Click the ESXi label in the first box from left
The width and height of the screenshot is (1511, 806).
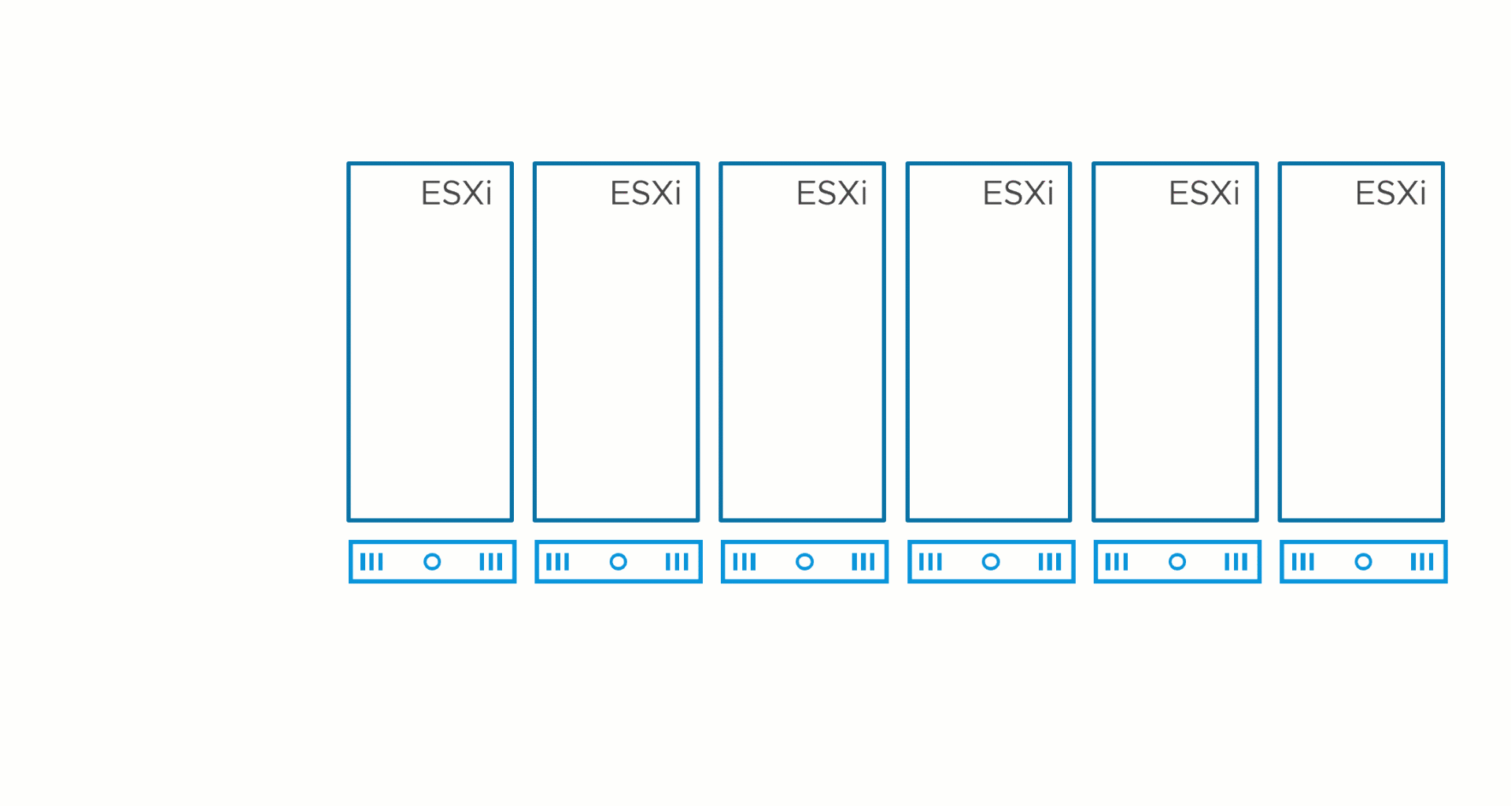(x=456, y=193)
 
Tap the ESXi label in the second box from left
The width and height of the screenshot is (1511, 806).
(x=645, y=193)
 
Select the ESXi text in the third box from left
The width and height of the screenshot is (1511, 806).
(x=832, y=193)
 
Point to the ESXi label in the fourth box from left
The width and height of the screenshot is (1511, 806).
(x=1018, y=193)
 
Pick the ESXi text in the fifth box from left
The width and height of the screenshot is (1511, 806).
(x=1204, y=193)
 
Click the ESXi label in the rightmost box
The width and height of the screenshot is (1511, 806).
(x=1391, y=193)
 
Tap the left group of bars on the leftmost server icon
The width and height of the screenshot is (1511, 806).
(x=371, y=562)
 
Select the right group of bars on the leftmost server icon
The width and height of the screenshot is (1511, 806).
(x=491, y=562)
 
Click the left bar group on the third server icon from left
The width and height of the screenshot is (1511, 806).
(x=744, y=562)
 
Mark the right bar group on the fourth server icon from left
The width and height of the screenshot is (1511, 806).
(x=1050, y=562)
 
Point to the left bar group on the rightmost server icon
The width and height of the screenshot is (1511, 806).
(x=1303, y=562)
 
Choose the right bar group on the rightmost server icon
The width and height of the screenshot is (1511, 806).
(x=1422, y=562)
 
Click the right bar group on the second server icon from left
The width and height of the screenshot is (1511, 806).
(x=677, y=562)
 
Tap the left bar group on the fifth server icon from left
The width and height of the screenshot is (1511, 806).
(x=1117, y=562)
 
